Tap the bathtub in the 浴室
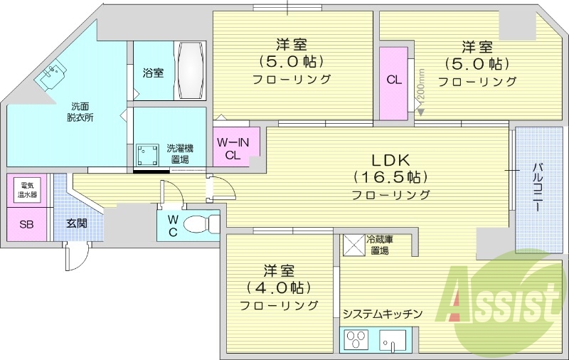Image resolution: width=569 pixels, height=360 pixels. (x=190, y=72)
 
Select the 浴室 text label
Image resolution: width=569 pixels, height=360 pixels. (x=153, y=73)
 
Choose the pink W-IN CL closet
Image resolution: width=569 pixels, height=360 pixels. (x=235, y=148)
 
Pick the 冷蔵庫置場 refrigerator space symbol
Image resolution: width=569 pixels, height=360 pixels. (x=353, y=245)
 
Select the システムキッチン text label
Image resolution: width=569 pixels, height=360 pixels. (x=382, y=314)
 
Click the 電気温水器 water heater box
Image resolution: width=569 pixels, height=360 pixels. (x=29, y=190)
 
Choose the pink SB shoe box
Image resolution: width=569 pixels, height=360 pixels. (x=27, y=225)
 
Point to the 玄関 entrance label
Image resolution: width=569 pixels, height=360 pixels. (x=77, y=223)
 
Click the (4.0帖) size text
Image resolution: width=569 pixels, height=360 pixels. (x=279, y=288)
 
